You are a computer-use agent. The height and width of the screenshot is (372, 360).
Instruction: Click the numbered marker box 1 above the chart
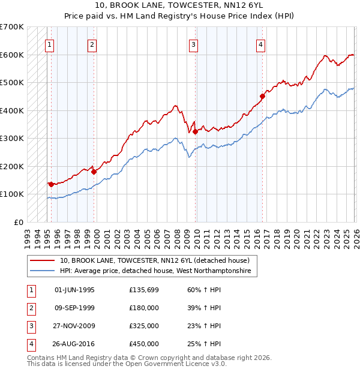49,44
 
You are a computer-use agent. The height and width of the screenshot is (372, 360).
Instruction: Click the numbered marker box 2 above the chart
92,44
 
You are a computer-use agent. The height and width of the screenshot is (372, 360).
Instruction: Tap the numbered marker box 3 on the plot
193,44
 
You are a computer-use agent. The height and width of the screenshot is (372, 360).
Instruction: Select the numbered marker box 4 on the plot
261,44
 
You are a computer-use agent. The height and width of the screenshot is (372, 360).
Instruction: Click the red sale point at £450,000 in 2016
262,96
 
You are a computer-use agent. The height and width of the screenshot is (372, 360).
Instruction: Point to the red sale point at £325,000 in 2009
195,131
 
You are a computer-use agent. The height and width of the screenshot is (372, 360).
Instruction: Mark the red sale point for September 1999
94,172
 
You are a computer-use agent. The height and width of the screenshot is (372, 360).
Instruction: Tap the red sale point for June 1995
51,184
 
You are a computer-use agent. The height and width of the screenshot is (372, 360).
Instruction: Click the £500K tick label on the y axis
12,82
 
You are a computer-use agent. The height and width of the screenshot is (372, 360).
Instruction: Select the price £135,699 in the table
144,290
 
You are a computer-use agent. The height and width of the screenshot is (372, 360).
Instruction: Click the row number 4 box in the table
30,344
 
